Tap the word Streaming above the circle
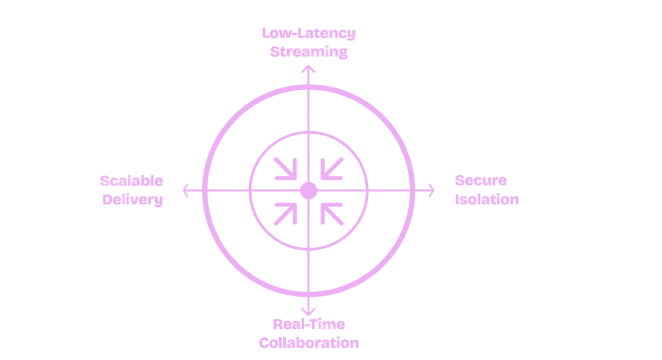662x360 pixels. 309,52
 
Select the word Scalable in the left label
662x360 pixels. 132,182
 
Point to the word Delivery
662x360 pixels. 133,200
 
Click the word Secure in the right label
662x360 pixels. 481,182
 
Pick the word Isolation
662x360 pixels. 487,200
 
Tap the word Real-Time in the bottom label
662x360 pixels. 309,325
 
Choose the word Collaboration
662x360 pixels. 309,342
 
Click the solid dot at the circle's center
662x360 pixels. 308,191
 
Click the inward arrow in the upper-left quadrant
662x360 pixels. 285,170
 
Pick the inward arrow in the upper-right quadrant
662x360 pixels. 332,170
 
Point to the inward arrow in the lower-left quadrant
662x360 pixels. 285,212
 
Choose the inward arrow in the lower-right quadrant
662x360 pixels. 332,212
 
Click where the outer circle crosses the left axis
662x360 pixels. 204,191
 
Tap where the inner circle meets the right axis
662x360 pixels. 366,191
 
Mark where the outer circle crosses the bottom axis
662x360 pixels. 308,295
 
